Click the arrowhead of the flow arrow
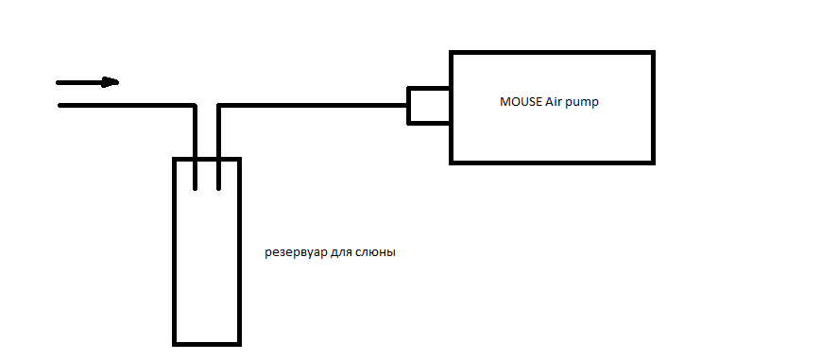coord(111,82)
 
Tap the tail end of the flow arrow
coord(58,83)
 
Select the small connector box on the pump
coord(429,106)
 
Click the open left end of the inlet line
coord(60,106)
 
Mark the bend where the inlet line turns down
coord(195,106)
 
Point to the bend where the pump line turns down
coord(218,106)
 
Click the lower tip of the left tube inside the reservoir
coord(195,189)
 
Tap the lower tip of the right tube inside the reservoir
coord(218,189)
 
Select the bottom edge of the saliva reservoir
coord(207,345)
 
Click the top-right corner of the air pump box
coord(654,52)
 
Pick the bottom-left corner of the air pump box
coord(451,163)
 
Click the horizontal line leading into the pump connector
coord(313,106)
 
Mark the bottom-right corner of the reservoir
coord(239,345)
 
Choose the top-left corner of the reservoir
coord(174,159)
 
